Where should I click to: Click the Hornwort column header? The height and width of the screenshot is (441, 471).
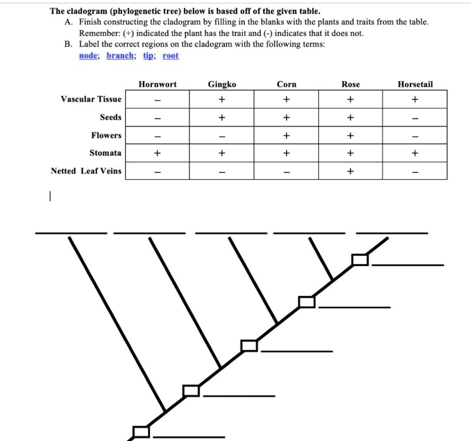click(x=157, y=85)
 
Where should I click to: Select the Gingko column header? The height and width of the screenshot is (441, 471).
click(x=222, y=85)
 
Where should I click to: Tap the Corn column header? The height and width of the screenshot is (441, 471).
click(x=287, y=85)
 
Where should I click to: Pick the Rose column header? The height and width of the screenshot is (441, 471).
click(x=350, y=85)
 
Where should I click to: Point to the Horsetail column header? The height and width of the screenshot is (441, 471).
click(x=415, y=85)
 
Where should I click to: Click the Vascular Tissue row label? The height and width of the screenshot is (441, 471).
click(x=91, y=99)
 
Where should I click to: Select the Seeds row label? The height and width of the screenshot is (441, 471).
click(x=110, y=117)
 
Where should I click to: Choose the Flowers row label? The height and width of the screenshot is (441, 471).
click(x=106, y=135)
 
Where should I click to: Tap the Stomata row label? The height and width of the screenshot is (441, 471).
click(x=105, y=153)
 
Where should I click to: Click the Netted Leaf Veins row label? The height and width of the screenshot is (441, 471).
click(x=86, y=171)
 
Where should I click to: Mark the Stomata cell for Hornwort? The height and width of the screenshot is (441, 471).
click(x=157, y=153)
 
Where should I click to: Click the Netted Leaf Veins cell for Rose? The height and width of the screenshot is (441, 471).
click(x=350, y=171)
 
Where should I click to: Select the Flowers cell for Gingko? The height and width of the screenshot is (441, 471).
click(x=222, y=135)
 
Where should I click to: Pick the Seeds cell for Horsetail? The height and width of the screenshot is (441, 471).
click(x=415, y=117)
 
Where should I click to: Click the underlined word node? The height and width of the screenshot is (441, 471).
click(x=88, y=56)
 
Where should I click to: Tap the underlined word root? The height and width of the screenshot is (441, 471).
click(x=170, y=56)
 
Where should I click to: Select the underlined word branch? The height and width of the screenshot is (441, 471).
click(x=121, y=56)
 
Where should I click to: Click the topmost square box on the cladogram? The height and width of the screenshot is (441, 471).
click(x=360, y=260)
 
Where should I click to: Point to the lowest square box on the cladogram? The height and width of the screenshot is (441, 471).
click(x=141, y=432)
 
